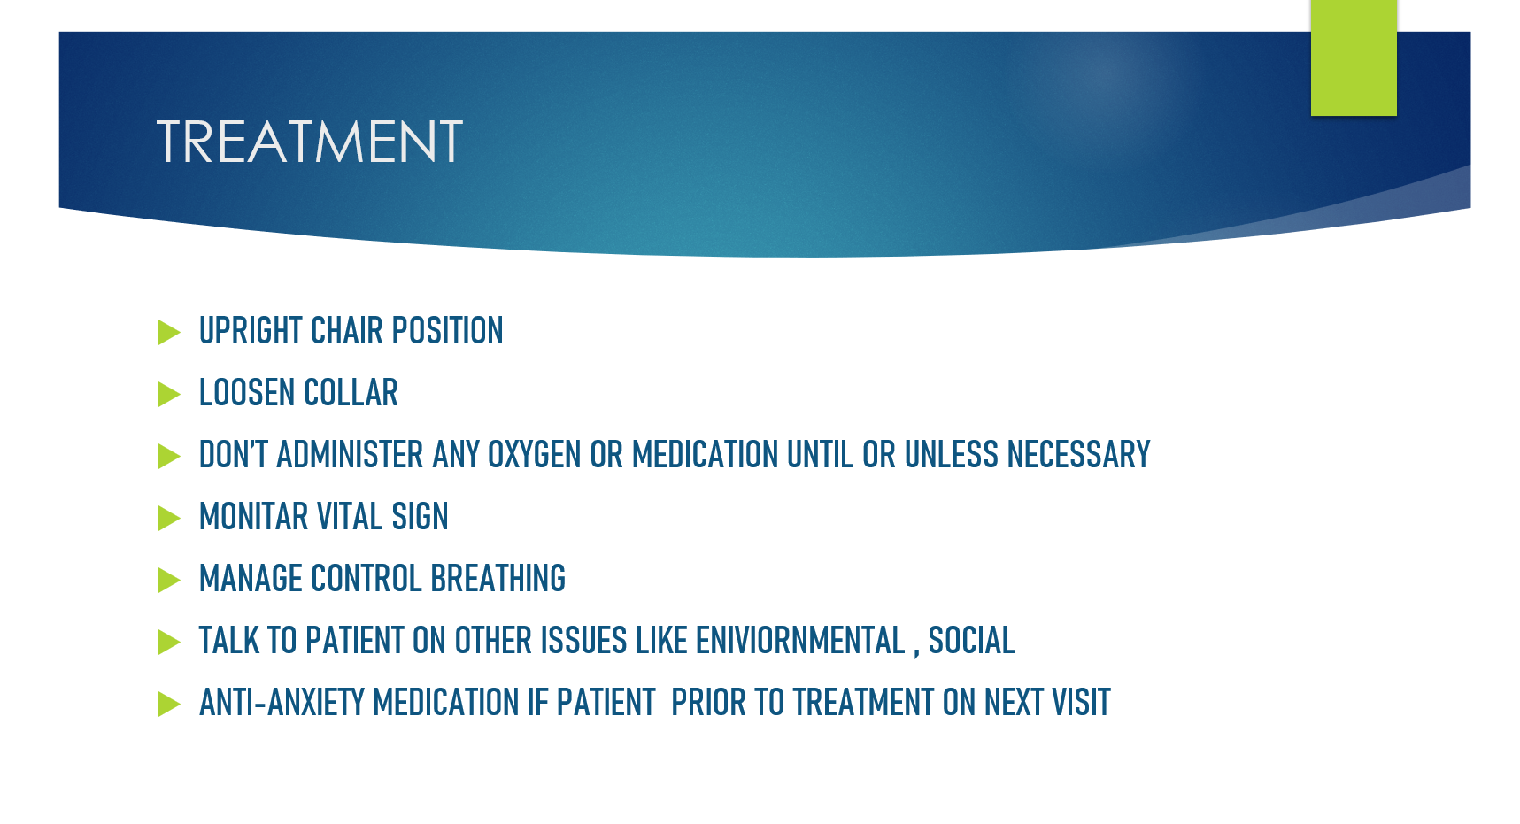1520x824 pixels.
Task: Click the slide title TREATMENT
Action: tap(309, 142)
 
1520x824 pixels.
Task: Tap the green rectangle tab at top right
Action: tap(1354, 58)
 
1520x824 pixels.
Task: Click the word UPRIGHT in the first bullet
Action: tap(251, 331)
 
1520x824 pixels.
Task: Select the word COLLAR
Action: tap(351, 393)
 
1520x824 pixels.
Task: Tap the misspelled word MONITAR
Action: tap(253, 517)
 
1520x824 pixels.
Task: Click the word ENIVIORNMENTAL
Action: tap(800, 641)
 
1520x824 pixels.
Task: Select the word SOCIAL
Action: tap(971, 641)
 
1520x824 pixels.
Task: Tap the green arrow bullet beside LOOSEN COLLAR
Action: tap(169, 394)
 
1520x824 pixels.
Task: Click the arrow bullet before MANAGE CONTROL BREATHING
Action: tap(169, 580)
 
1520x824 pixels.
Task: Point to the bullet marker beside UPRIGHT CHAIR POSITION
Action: tap(169, 332)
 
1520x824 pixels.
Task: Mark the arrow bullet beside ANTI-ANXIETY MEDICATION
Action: tap(169, 704)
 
